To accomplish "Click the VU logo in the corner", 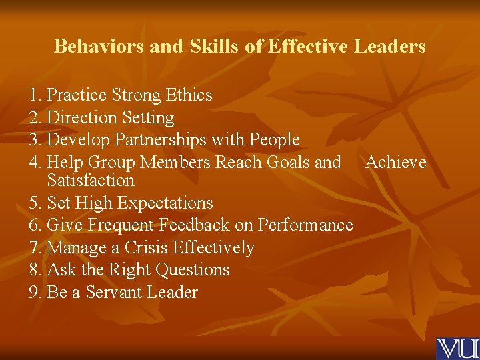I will (x=457, y=349).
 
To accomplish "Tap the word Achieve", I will (x=396, y=162).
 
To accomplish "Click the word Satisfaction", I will (x=91, y=181).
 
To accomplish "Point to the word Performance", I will (x=305, y=225).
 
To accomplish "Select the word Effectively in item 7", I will (x=213, y=248).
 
